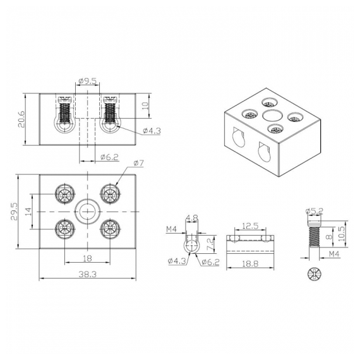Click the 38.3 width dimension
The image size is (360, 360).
(88, 274)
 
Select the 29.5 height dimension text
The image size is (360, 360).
(15, 212)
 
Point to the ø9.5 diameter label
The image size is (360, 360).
(88, 81)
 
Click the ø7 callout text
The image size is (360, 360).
(138, 163)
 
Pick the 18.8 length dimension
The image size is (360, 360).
(250, 263)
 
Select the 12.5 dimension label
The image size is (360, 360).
(250, 226)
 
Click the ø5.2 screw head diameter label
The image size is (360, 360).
(315, 211)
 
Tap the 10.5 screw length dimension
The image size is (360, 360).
(342, 234)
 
